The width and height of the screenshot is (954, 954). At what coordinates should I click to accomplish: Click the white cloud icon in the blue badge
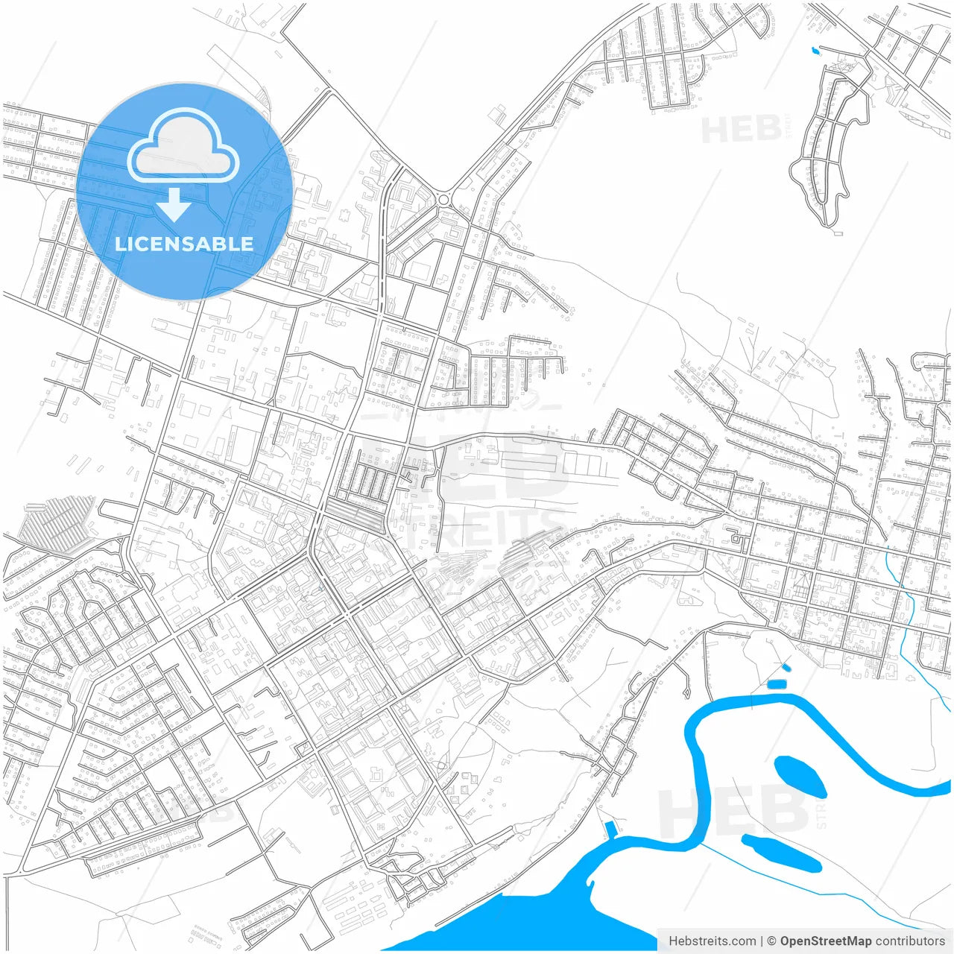pos(183,146)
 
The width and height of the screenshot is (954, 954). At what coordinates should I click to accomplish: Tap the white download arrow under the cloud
pos(174,204)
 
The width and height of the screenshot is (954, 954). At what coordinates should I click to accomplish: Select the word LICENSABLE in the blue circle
pos(184,244)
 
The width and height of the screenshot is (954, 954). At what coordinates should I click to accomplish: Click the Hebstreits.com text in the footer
pos(712,941)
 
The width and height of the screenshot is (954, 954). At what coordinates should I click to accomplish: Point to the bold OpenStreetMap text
pos(825,941)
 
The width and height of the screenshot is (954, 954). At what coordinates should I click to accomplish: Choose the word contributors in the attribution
pos(910,941)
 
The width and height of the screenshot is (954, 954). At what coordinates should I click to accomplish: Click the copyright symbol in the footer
pos(772,941)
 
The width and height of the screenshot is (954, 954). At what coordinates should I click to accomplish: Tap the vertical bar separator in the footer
pos(762,941)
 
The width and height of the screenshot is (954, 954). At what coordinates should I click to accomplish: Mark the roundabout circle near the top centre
pos(445,199)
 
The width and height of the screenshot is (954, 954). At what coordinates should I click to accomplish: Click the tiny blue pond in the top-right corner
pos(814,51)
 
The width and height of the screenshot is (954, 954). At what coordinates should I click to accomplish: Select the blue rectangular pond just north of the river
pos(777,683)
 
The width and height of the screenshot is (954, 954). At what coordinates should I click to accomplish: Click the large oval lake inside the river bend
pos(800,776)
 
